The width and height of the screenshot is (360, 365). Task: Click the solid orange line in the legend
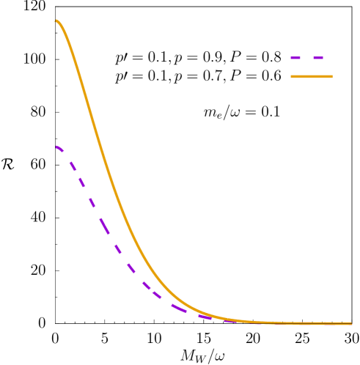pos(312,76)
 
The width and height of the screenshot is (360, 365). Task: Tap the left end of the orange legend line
pos(292,76)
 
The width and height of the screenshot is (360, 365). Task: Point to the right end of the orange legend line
pos(331,76)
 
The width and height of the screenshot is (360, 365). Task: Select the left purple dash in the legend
pos(295,57)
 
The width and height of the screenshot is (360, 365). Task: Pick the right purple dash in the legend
pos(317,57)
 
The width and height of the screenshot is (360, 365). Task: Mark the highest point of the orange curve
pos(56,21)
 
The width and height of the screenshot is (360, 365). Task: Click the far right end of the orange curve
pos(351,323)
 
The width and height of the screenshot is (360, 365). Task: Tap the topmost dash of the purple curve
pos(59,148)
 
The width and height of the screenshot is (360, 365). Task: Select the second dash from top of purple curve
pos(73,166)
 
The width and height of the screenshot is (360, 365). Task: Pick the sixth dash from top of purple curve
pos(118,250)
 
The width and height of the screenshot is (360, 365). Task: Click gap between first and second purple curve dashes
pos(67,157)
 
